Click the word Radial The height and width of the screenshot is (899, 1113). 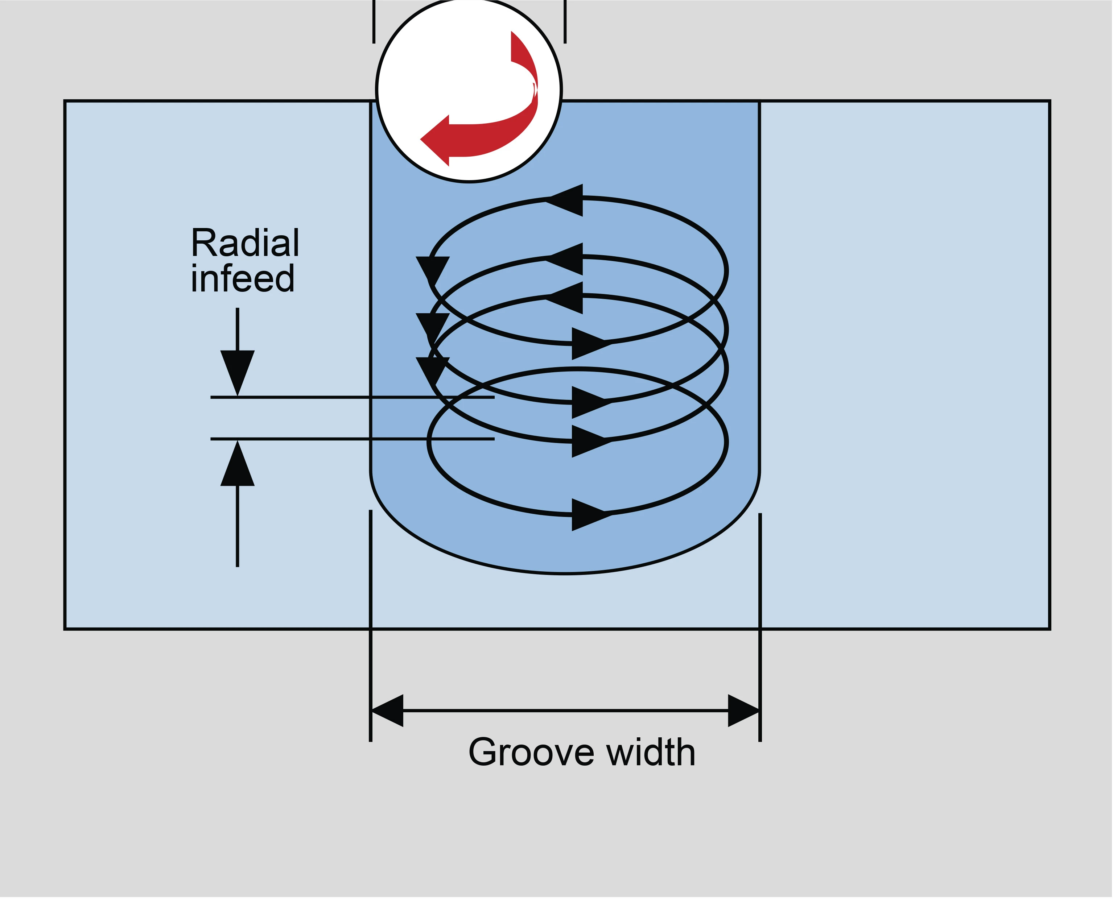click(x=245, y=243)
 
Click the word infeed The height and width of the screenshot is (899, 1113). click(x=243, y=278)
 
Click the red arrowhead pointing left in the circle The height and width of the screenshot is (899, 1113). click(x=435, y=140)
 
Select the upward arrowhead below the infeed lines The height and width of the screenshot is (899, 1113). click(x=237, y=463)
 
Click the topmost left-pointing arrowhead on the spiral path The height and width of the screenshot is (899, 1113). click(x=565, y=200)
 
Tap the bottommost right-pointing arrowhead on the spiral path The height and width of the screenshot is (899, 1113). click(x=591, y=515)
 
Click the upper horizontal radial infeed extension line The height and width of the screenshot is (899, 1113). click(x=353, y=397)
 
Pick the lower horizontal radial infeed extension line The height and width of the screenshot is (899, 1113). click(x=353, y=439)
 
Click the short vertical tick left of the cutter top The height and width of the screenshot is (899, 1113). click(x=374, y=22)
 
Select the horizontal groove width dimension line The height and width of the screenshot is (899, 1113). click(x=566, y=711)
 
